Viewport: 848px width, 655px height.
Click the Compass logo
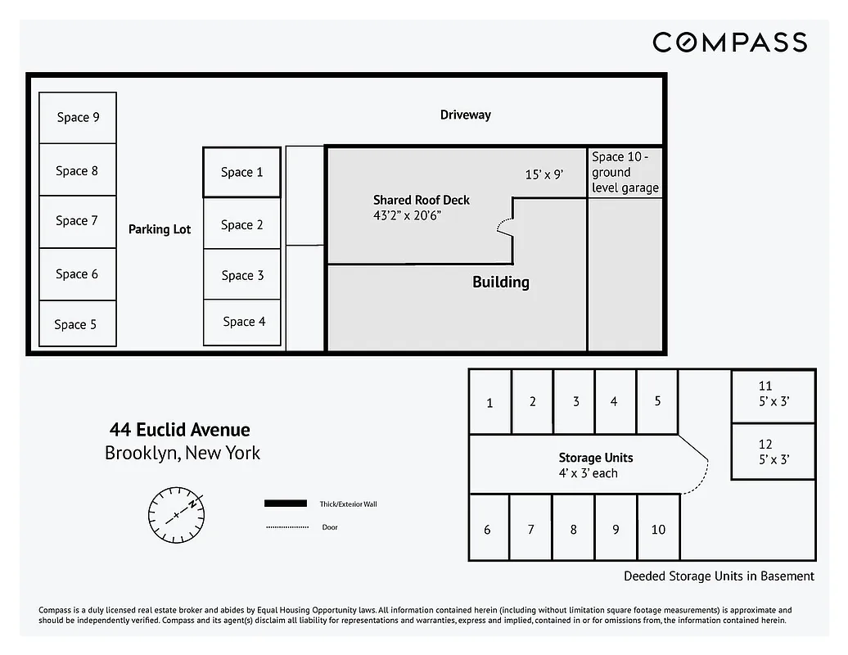[729, 43]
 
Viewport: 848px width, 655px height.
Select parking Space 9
[78, 118]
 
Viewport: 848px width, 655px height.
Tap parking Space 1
[241, 172]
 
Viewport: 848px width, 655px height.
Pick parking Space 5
[77, 324]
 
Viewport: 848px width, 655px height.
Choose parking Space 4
[243, 322]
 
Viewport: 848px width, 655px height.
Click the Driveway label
[465, 115]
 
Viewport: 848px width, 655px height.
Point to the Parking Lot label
[159, 229]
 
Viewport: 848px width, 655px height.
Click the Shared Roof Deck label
[421, 200]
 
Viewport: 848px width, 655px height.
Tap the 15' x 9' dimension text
[544, 174]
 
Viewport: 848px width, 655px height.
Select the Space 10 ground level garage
[625, 173]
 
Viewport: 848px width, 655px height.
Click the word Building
[500, 282]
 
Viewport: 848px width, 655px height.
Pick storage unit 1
[489, 402]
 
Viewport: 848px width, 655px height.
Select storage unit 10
[658, 530]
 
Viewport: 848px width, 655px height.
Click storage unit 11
[773, 394]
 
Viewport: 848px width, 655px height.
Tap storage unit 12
[773, 452]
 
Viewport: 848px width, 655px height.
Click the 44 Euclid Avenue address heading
[180, 430]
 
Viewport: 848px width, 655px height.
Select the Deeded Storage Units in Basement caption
[719, 576]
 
